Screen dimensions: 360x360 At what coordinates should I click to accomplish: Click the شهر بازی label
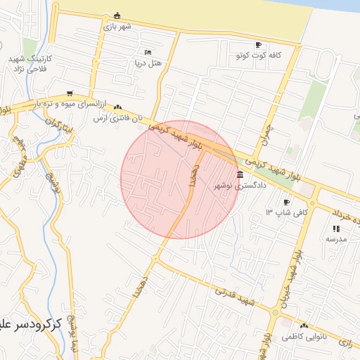[117, 27]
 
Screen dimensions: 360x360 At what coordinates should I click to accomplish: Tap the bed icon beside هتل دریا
[148, 52]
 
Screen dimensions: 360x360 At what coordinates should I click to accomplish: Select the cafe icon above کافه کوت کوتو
[259, 44]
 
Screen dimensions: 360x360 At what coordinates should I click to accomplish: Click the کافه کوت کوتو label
[259, 54]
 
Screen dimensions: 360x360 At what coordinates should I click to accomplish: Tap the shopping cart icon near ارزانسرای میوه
[69, 93]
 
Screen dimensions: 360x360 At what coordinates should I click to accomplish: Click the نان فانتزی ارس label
[118, 117]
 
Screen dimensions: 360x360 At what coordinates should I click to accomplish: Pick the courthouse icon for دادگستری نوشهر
[240, 175]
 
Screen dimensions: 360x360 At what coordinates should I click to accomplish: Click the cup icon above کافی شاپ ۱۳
[286, 202]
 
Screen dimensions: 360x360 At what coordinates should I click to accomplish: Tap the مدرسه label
[335, 239]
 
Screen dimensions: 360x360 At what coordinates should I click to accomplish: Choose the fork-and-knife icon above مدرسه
[335, 229]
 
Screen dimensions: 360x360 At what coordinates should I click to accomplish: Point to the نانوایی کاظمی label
[304, 337]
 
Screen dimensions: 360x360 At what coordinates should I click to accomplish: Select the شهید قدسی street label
[237, 297]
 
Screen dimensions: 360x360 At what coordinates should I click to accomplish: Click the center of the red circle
[180, 179]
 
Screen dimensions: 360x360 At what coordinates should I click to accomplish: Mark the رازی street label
[346, 342]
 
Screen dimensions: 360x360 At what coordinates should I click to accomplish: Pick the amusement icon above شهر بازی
[117, 16]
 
